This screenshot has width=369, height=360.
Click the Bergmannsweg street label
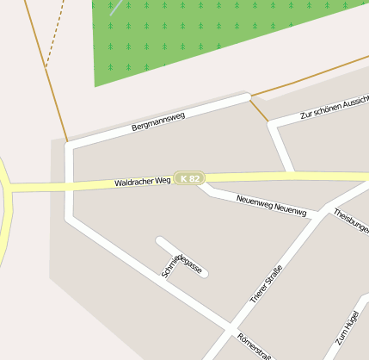(158, 121)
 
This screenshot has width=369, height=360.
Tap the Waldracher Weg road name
(143, 182)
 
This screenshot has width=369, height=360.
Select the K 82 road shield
(188, 178)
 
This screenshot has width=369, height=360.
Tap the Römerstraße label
(255, 345)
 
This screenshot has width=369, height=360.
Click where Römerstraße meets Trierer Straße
(231, 327)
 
